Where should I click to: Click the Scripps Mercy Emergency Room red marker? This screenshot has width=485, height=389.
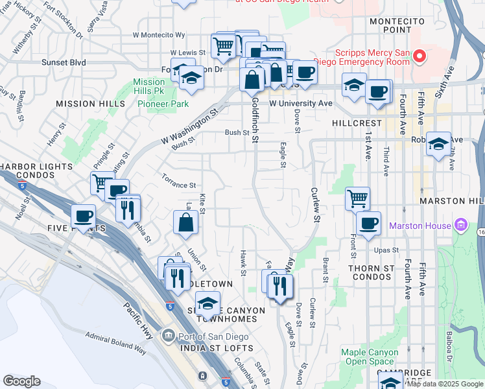(x=420, y=56)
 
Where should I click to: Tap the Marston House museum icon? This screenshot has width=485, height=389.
(x=461, y=226)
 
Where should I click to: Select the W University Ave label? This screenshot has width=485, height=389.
(x=301, y=103)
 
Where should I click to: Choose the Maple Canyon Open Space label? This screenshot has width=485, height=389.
(x=368, y=357)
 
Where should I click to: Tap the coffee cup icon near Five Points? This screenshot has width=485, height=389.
(x=83, y=216)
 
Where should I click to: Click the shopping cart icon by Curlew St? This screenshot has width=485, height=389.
(x=357, y=198)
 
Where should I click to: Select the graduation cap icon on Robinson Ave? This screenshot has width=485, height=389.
(x=439, y=144)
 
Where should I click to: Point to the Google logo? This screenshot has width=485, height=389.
(x=21, y=381)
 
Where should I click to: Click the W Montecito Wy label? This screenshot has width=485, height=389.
(x=159, y=35)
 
